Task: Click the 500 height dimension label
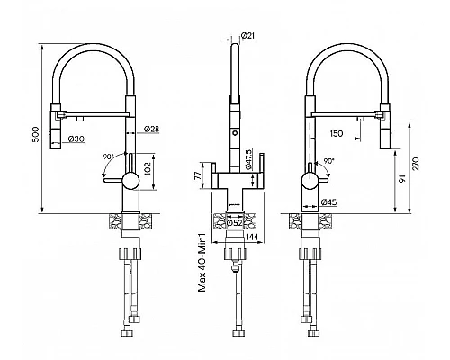[x=36, y=134]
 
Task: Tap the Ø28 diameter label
[x=151, y=130]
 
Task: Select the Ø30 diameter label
[x=76, y=139]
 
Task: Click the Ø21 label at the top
[x=247, y=36]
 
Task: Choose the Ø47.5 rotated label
[x=248, y=158]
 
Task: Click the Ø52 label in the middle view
[x=235, y=223]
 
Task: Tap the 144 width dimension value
[x=252, y=237]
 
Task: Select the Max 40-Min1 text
[x=202, y=261]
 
